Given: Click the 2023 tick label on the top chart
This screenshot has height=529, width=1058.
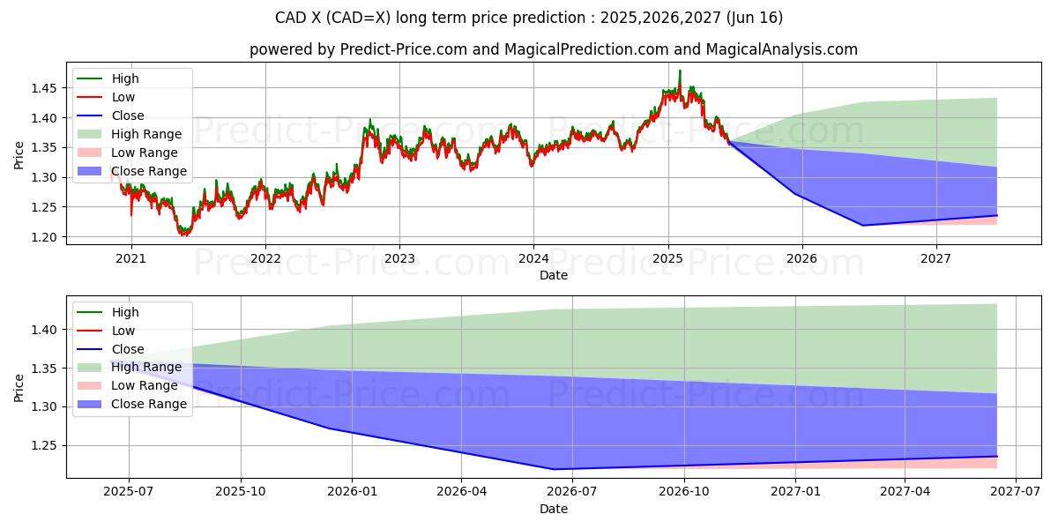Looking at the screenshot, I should point(399,258).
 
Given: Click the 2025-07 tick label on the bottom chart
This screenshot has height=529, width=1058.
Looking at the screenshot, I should point(129,492).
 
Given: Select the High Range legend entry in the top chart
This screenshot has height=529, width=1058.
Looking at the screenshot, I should point(145,134).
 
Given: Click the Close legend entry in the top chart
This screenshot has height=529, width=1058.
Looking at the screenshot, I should point(127,115).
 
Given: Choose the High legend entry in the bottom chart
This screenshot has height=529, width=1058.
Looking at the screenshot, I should point(124,312).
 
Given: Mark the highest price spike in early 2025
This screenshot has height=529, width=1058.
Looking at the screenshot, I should point(680,71).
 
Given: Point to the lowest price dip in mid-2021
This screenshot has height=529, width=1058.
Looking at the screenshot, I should point(183,235).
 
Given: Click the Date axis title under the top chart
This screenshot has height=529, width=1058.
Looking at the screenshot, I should point(553,275).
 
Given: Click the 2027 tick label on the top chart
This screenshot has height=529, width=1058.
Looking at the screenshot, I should point(935,258).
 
